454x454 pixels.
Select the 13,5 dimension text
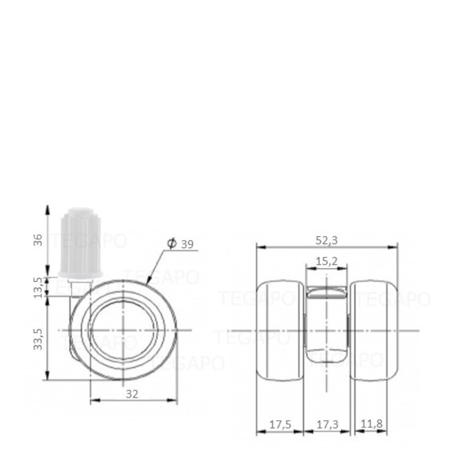coord(37,286)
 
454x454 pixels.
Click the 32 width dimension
coord(132,394)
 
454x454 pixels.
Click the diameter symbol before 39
coord(172,244)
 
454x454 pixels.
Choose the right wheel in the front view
coord(373,330)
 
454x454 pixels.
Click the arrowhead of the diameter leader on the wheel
coord(148,281)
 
